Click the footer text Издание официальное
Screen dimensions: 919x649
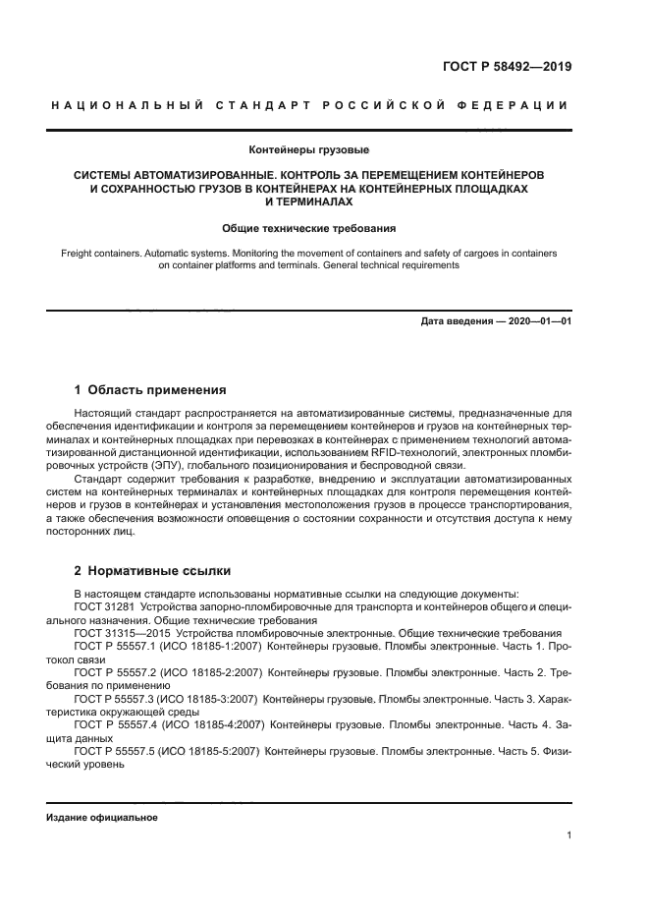coord(102,818)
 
